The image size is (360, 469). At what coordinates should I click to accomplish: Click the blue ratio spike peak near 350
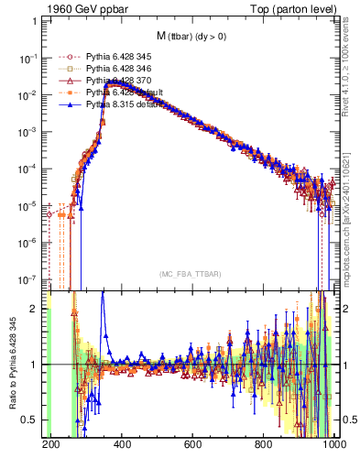coord(103,293)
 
